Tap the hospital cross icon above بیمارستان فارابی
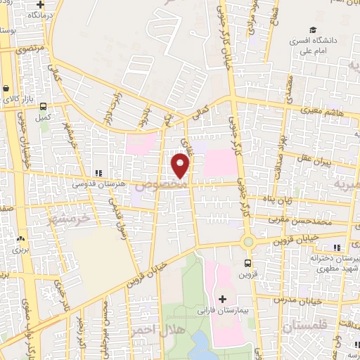click(x=223, y=299)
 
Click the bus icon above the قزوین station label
click(x=247, y=263)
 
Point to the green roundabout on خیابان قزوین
click(x=247, y=243)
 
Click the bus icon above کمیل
click(x=43, y=107)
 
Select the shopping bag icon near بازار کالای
click(x=6, y=89)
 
